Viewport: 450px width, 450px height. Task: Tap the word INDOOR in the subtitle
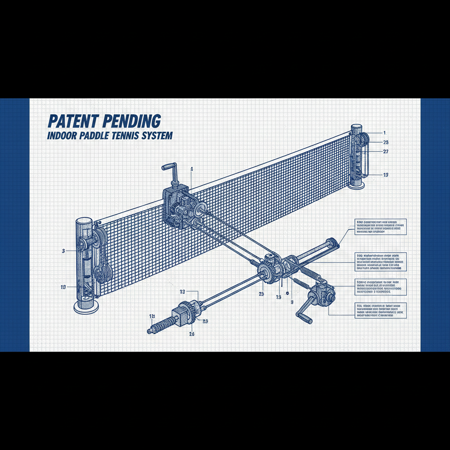click(x=62, y=136)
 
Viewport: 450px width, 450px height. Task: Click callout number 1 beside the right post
click(x=385, y=132)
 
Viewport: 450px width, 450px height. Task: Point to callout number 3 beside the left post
click(x=64, y=250)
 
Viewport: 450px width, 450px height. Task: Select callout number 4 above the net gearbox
click(x=192, y=169)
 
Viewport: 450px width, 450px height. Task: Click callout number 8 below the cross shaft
click(x=291, y=302)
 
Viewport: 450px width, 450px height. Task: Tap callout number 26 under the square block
click(x=192, y=334)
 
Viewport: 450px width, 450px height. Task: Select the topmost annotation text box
click(x=380, y=227)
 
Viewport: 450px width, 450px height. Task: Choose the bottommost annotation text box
click(x=380, y=310)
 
